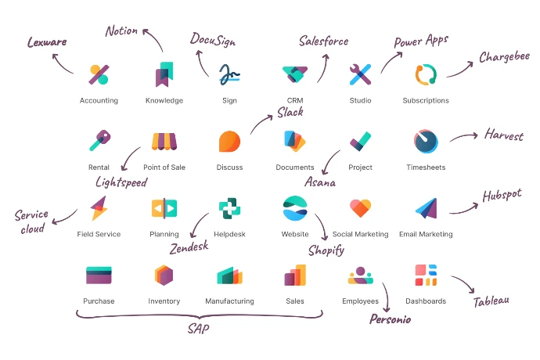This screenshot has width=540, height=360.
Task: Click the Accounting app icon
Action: [x=99, y=74]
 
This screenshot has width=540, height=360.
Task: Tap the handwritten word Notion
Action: [x=121, y=31]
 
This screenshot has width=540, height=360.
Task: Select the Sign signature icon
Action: [x=229, y=74]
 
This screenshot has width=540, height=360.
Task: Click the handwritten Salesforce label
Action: [x=323, y=41]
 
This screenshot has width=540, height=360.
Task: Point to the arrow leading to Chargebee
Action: [x=460, y=70]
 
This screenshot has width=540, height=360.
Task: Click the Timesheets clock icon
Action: [x=426, y=141]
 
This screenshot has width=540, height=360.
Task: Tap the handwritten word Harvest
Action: [x=504, y=135]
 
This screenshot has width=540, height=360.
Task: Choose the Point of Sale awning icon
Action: [x=164, y=142]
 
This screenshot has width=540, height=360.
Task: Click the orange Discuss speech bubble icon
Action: [x=229, y=141]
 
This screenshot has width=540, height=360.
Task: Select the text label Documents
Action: [x=295, y=167]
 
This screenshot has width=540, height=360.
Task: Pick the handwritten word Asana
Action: [x=320, y=182]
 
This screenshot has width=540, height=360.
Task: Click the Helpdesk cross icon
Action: [x=229, y=208]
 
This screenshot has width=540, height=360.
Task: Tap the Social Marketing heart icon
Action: [x=360, y=208]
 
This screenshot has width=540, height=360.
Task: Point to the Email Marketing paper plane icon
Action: [x=427, y=208]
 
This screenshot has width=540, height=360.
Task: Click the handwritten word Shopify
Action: [x=326, y=250]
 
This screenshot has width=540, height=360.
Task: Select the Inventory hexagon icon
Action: [x=164, y=275]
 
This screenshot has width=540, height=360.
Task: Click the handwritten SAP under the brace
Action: [x=198, y=329]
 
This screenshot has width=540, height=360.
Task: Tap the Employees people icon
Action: [x=360, y=275]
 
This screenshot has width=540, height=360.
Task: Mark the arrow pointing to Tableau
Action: [x=464, y=283]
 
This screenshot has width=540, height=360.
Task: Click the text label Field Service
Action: [x=99, y=234]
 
